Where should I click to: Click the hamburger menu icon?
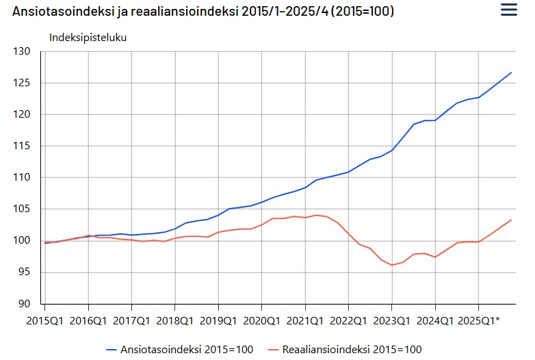(x=509, y=10)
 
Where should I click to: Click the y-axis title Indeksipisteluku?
(x=88, y=38)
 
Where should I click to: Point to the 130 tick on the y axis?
(x=22, y=51)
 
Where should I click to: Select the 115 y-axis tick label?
(x=22, y=146)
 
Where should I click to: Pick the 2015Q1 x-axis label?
(x=44, y=321)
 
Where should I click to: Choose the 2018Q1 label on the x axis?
(x=174, y=321)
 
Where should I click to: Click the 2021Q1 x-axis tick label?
(x=305, y=321)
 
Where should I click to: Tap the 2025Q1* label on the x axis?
(x=479, y=321)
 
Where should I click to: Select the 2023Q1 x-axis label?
(x=392, y=321)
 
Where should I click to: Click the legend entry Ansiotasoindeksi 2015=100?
(x=180, y=350)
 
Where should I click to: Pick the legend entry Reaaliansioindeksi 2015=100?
(x=345, y=350)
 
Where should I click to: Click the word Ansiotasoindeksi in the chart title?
(x=62, y=11)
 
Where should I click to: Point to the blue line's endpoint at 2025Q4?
(x=511, y=73)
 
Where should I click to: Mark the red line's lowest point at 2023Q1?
(x=392, y=265)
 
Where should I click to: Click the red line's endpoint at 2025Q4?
(x=511, y=220)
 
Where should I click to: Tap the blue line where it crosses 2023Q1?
(x=392, y=150)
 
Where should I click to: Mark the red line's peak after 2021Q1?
(x=316, y=216)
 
